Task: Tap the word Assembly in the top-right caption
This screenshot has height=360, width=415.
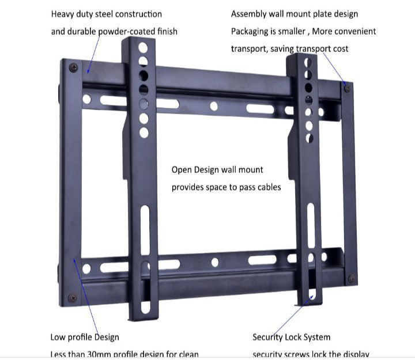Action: [248, 14]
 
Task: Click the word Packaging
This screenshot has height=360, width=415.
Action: [251, 31]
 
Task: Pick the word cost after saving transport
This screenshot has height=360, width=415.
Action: [340, 49]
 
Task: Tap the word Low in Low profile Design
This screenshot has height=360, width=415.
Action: [58, 337]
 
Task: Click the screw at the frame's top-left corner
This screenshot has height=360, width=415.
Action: [73, 67]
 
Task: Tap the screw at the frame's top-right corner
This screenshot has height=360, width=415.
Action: [347, 88]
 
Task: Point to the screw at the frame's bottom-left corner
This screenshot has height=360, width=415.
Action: [72, 298]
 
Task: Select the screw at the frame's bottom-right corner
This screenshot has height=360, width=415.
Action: [352, 279]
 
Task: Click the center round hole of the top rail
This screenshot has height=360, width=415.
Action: [214, 106]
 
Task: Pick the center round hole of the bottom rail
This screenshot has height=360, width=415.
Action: [214, 262]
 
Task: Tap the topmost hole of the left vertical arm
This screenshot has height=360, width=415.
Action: [143, 47]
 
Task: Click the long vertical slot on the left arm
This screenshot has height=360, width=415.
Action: [145, 230]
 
